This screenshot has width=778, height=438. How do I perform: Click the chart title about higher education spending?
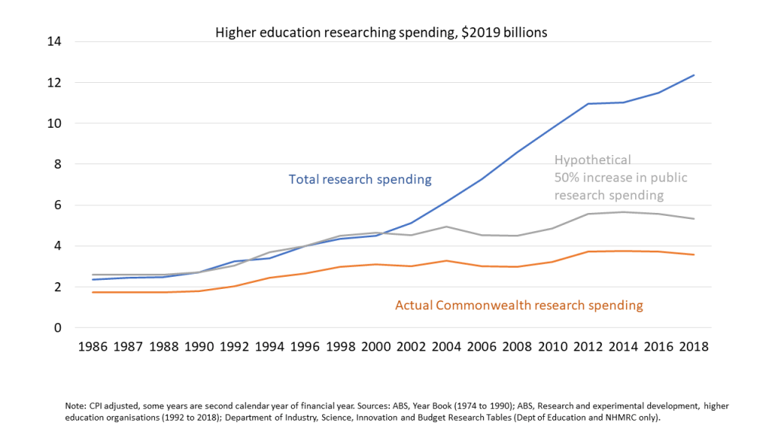[x=381, y=33]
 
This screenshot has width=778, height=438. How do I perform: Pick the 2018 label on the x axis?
[x=693, y=347]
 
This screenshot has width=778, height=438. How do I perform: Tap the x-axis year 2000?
[x=375, y=347]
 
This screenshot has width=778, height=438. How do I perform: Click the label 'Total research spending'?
[x=360, y=179]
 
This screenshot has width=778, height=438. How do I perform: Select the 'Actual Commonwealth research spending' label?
[x=519, y=305]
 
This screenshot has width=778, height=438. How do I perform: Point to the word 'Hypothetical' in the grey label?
[x=593, y=160]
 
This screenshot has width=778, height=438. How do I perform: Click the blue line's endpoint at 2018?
[x=694, y=75]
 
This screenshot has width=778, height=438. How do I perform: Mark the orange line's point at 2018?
[x=694, y=255]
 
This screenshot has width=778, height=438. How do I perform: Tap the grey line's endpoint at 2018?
[x=694, y=219]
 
